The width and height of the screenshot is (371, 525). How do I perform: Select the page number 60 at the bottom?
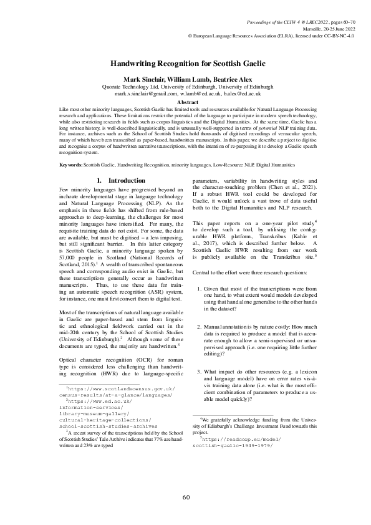(x=186, y=496)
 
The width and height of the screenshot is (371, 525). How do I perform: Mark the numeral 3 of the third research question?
(x=199, y=372)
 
